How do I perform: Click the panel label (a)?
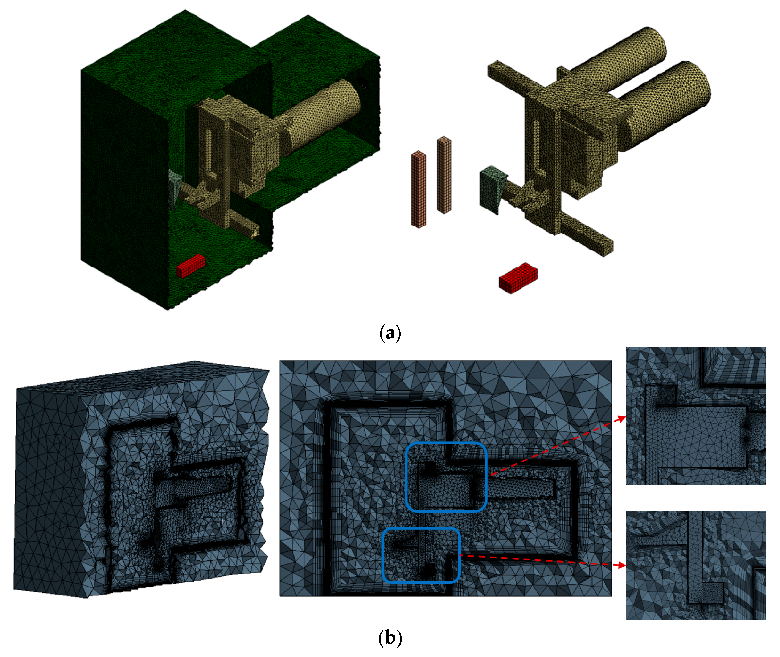(390, 333)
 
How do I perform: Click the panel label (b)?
(390, 638)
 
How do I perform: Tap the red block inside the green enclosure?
(190, 266)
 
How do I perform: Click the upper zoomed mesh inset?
(696, 416)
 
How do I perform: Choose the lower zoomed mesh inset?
(696, 565)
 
